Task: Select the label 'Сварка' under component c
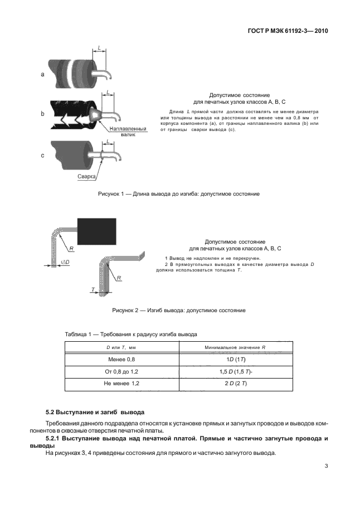point(87,177)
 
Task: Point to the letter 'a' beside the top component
point(43,74)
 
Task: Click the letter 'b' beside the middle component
point(43,114)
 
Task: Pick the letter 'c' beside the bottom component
point(43,156)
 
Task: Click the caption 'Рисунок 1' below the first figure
point(178,194)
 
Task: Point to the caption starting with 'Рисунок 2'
point(179,310)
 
